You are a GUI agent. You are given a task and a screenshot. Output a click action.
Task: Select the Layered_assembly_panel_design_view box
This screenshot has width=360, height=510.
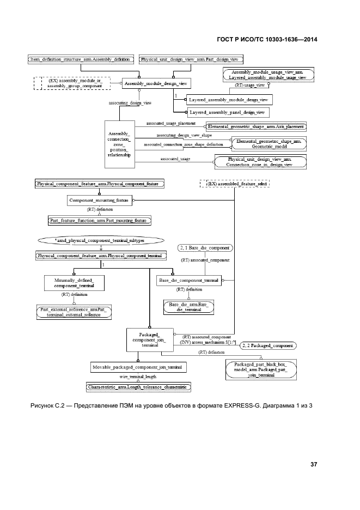[x=226, y=112]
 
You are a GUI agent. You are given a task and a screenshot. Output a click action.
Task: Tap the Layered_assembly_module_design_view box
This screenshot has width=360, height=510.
[x=229, y=100]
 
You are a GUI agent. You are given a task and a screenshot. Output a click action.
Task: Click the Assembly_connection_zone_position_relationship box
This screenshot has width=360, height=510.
[x=120, y=144]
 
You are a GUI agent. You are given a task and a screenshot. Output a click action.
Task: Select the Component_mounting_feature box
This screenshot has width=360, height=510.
[x=99, y=201]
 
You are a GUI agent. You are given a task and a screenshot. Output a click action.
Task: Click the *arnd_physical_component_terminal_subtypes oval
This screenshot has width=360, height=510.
[x=100, y=240]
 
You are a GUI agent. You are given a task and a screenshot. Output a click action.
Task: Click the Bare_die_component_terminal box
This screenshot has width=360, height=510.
[x=188, y=280]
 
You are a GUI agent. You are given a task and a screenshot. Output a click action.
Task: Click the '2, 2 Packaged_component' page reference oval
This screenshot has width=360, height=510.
[x=268, y=345]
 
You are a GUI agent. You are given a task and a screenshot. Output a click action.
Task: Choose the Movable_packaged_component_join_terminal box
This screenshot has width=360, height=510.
[x=138, y=368]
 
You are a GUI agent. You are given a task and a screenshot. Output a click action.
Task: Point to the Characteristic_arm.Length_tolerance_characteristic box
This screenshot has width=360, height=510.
[x=138, y=386]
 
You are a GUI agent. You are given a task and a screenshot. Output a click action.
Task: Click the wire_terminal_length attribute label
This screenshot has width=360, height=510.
[x=138, y=377]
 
